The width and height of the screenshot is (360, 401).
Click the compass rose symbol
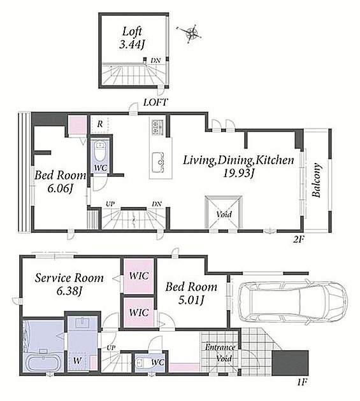pyautogui.click(x=191, y=32)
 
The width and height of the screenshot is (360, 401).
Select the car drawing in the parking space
pyautogui.click(x=292, y=302)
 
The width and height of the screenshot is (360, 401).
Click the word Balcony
pyautogui.click(x=317, y=180)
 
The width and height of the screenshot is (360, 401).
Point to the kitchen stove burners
pyautogui.click(x=157, y=127)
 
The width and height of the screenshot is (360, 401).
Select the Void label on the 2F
pyautogui.click(x=224, y=215)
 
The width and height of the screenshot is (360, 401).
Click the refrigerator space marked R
pyautogui.click(x=100, y=124)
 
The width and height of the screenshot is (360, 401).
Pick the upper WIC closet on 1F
pyautogui.click(x=139, y=276)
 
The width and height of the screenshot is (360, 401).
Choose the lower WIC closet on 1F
pyautogui.click(x=139, y=313)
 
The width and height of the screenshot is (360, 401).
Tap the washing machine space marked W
pyautogui.click(x=77, y=361)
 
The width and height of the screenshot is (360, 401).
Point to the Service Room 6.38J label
pyautogui.click(x=69, y=285)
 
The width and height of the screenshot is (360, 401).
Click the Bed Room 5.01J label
pyautogui.click(x=191, y=293)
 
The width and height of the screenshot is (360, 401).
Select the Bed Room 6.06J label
pyautogui.click(x=60, y=181)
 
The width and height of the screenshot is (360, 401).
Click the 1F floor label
pyautogui.click(x=302, y=383)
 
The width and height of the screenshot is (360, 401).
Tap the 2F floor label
pyautogui.click(x=299, y=239)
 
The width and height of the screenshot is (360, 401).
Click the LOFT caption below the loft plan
pyautogui.click(x=155, y=102)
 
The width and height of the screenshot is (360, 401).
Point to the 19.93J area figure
pyautogui.click(x=238, y=174)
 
